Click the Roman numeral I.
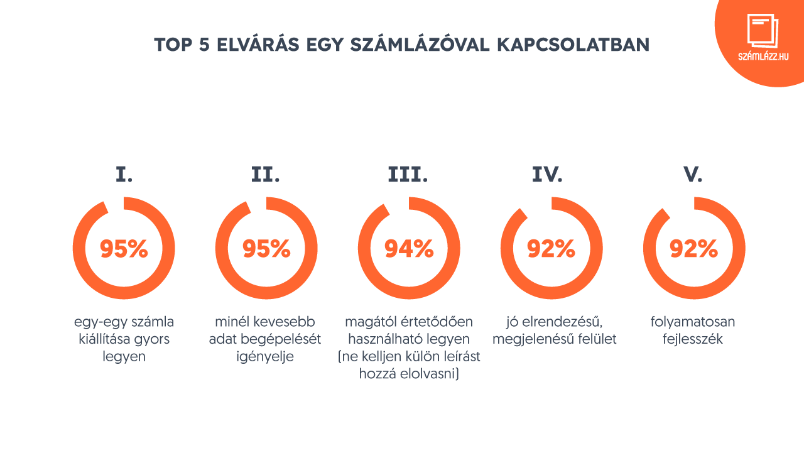click(124, 175)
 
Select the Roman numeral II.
click(266, 175)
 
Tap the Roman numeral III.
click(408, 175)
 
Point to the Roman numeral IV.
click(547, 175)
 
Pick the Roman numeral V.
click(693, 175)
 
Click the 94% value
click(409, 249)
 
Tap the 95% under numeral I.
click(124, 249)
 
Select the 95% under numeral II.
click(266, 249)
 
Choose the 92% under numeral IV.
click(551, 249)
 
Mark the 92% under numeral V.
click(693, 249)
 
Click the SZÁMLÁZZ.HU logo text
click(763, 56)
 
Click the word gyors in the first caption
click(153, 339)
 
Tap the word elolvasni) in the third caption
click(433, 374)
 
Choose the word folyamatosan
click(693, 322)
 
